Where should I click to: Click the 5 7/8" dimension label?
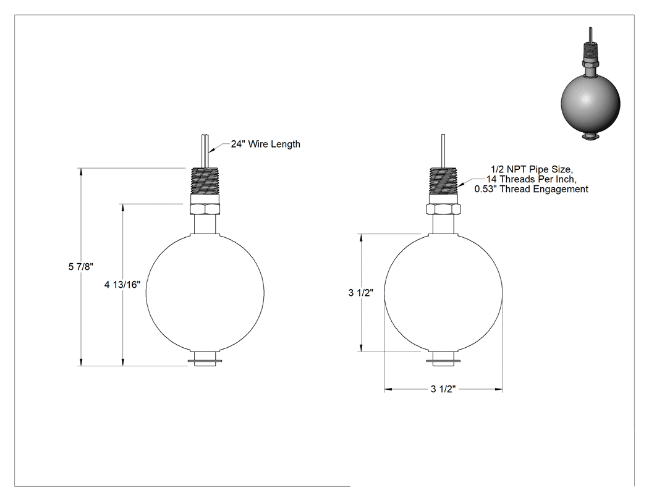point(81,267)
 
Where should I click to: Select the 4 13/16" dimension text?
point(122,285)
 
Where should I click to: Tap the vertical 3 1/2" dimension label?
point(361,293)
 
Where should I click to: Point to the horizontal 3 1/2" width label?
point(443,389)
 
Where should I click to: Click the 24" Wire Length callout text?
point(266,144)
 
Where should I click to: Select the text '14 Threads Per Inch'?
point(531,179)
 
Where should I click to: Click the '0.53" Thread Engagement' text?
point(531,189)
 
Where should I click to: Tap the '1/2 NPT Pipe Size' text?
point(532,169)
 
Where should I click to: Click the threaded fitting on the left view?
point(205,181)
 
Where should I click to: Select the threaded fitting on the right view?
point(443,181)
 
